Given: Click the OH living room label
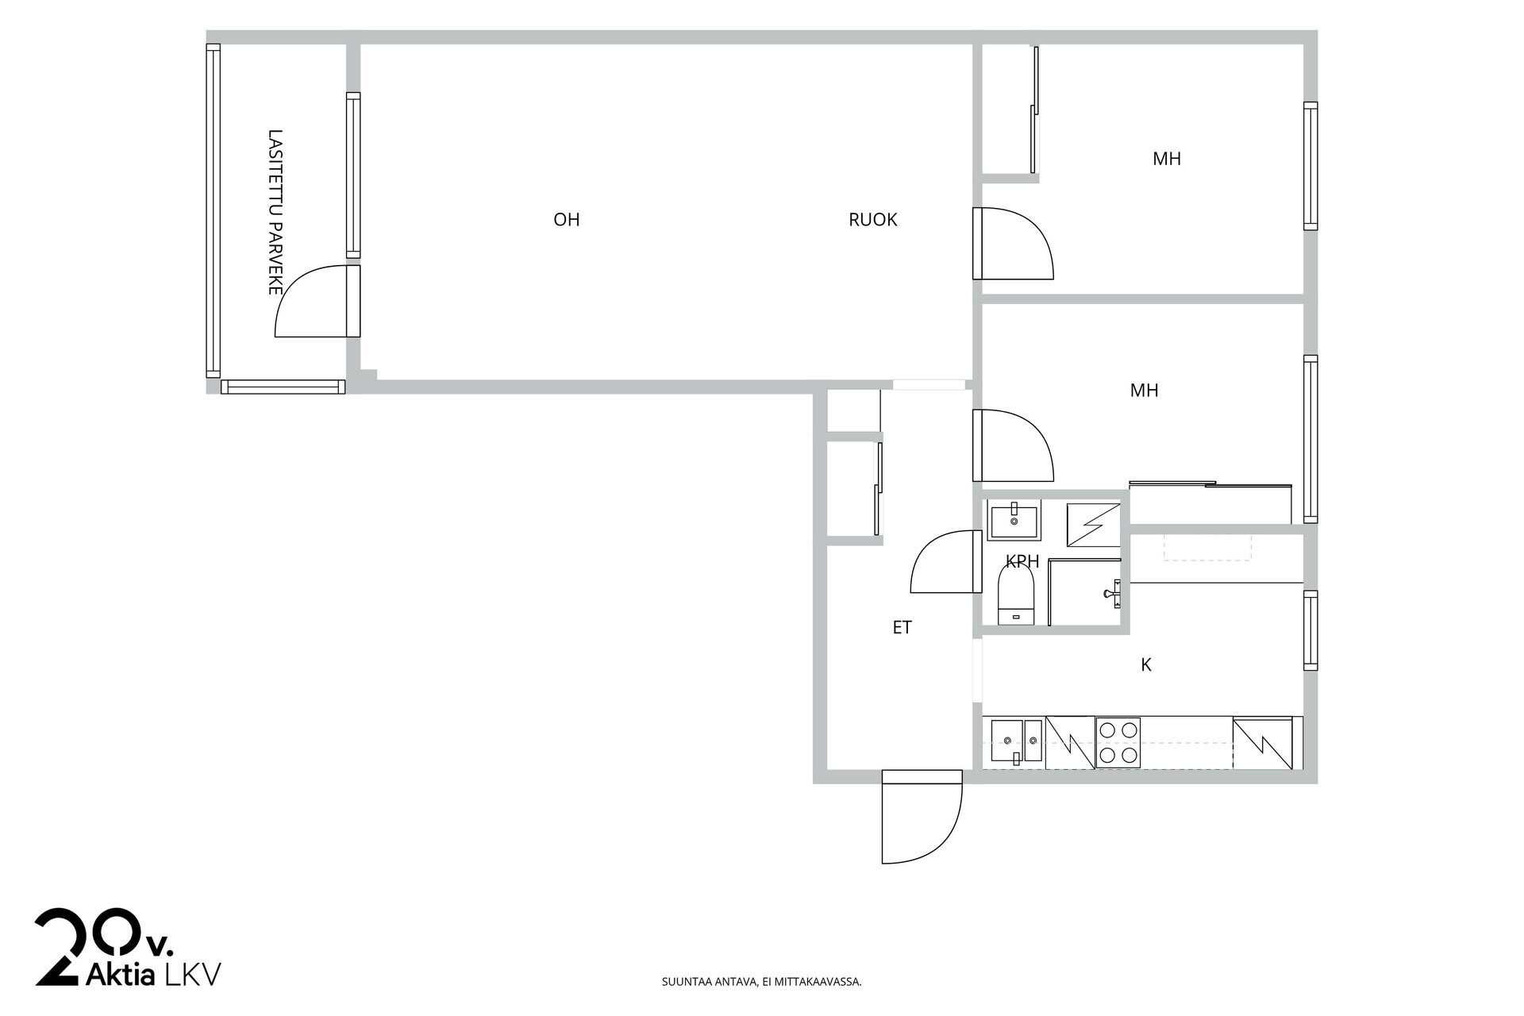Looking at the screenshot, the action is click(567, 220).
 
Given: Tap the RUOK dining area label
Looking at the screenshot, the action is click(872, 220).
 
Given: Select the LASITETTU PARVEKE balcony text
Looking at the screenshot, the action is click(275, 213).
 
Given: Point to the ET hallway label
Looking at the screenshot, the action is click(902, 628).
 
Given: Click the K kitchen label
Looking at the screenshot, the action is click(1146, 665).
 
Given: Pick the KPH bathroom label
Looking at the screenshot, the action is click(1022, 562).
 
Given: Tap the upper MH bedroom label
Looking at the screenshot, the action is click(1167, 159).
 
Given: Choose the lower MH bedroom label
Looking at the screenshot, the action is click(1144, 391).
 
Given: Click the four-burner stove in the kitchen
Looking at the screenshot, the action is click(1118, 743).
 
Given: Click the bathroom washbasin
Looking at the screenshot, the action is click(1014, 520).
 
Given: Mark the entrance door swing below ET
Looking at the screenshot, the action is click(922, 818).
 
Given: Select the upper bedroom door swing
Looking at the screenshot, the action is click(1014, 244).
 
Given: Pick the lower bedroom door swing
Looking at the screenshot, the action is click(1014, 445).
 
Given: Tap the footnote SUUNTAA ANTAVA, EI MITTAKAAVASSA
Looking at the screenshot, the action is click(761, 982).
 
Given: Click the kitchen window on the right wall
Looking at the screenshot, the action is click(1310, 630).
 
